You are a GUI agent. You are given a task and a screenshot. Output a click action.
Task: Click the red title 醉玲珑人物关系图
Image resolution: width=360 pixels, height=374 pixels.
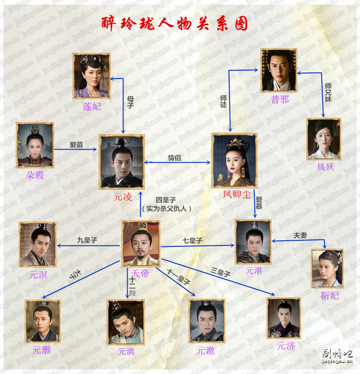pyautogui.click(x=174, y=23)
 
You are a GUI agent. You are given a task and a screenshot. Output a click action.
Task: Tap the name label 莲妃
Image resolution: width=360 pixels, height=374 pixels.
pyautogui.click(x=92, y=107)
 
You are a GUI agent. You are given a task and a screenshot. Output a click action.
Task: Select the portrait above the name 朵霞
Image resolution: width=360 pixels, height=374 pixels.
pyautogui.click(x=35, y=145)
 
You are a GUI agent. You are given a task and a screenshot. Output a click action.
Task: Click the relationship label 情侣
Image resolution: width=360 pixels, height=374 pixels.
pyautogui.click(x=174, y=158)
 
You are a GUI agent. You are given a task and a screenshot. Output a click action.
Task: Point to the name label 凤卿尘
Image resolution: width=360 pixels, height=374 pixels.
pyautogui.click(x=237, y=194)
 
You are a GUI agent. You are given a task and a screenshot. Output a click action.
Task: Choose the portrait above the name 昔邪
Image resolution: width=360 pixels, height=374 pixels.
pyautogui.click(x=279, y=70)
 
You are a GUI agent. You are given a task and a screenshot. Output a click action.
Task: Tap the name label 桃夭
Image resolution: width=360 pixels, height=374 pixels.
pyautogui.click(x=325, y=167)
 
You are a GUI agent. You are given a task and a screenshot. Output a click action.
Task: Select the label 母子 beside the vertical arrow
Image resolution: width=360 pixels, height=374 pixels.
pyautogui.click(x=130, y=102)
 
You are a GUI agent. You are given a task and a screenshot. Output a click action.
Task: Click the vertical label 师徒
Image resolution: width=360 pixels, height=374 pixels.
pyautogui.click(x=223, y=101)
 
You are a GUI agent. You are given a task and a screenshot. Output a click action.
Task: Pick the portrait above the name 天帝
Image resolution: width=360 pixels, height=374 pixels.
pyautogui.click(x=141, y=244)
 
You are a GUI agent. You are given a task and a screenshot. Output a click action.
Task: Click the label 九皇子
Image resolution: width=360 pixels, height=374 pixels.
pyautogui.click(x=87, y=240)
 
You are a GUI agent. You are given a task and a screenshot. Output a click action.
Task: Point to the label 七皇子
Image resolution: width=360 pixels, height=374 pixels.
pyautogui.click(x=193, y=241)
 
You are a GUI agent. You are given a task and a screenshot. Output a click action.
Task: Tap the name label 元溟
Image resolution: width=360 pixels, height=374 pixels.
pyautogui.click(x=38, y=275)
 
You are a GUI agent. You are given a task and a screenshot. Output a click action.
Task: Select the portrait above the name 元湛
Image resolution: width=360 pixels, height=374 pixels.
pyautogui.click(x=253, y=242)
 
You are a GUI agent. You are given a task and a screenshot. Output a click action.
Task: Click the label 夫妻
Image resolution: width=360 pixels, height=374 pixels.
pyautogui.click(x=300, y=236)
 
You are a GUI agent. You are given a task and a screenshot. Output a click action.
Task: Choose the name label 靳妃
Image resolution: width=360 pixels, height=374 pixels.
pyautogui.click(x=330, y=296)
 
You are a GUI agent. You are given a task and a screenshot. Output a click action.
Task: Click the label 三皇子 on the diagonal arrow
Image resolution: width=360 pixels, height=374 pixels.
pyautogui.click(x=220, y=273)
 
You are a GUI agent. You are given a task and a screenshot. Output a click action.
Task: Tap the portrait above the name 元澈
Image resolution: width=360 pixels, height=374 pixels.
pyautogui.click(x=207, y=321)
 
